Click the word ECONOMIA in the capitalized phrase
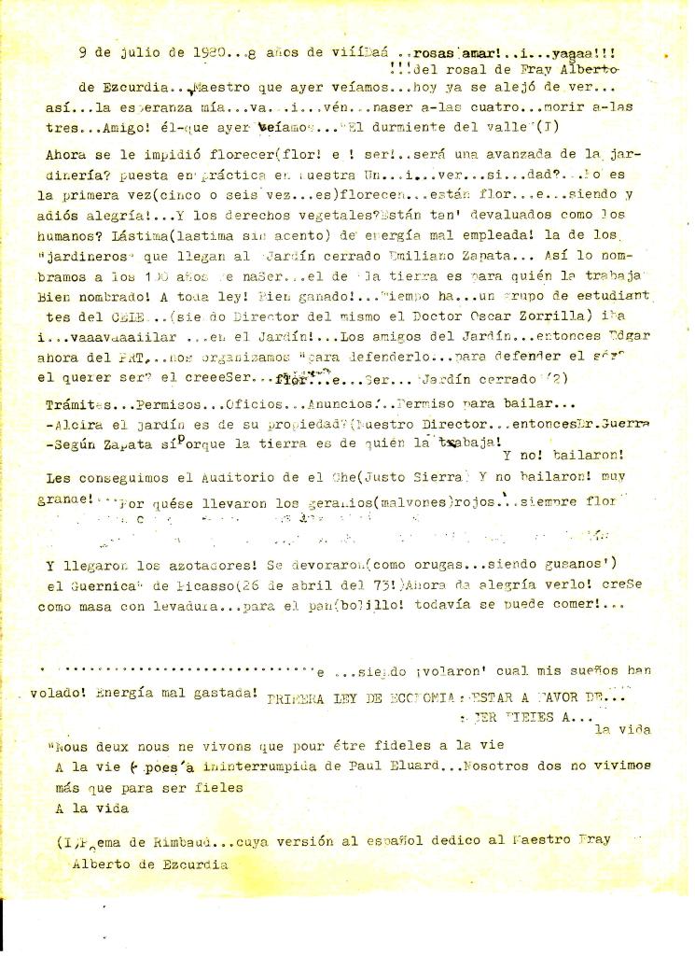pyautogui.click(x=408, y=697)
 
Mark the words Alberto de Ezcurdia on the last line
pyautogui.click(x=149, y=864)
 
